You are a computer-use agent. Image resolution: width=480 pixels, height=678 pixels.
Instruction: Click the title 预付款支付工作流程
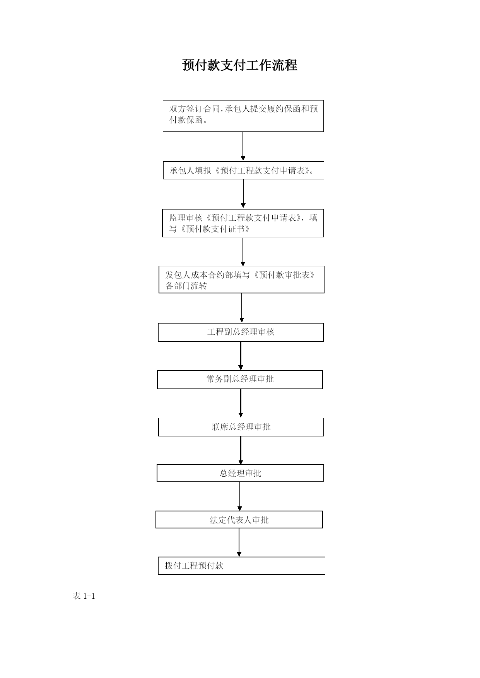pyautogui.click(x=240, y=65)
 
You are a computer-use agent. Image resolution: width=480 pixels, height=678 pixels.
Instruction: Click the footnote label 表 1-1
pyautogui.click(x=84, y=596)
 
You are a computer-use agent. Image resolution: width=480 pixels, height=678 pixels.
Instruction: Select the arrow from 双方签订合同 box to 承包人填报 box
pyautogui.click(x=243, y=147)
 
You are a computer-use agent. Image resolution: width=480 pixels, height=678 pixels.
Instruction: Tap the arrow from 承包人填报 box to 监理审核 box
pyautogui.click(x=243, y=194)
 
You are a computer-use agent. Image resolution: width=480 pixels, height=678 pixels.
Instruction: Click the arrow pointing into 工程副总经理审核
pyautogui.click(x=242, y=308)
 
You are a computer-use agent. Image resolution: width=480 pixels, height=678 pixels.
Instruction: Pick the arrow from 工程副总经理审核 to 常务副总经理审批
pyautogui.click(x=241, y=356)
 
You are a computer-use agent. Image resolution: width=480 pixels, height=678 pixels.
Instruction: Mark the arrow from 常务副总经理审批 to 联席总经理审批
pyautogui.click(x=241, y=403)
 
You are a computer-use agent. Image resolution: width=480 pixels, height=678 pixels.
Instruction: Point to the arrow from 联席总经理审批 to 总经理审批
pyautogui.click(x=241, y=450)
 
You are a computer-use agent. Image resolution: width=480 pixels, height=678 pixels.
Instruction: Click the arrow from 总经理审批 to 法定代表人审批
pyautogui.click(x=240, y=496)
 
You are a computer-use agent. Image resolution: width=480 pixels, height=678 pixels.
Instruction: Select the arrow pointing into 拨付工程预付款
pyautogui.click(x=239, y=542)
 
